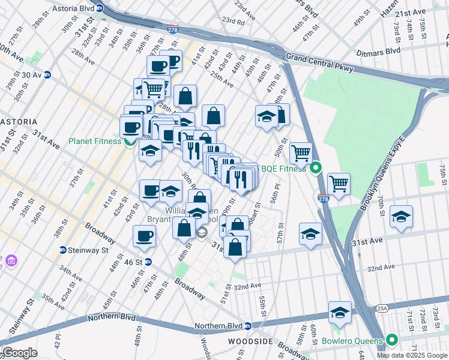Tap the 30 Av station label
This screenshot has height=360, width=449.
pyautogui.click(x=30, y=74)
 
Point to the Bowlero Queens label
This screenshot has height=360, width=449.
pyautogui.click(x=356, y=341)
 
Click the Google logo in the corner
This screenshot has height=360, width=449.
pyautogui.click(x=19, y=353)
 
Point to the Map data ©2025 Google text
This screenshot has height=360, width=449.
pyautogui.click(x=411, y=355)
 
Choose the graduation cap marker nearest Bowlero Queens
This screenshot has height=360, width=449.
pyautogui.click(x=340, y=313)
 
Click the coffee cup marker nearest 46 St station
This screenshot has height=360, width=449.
pyautogui.click(x=143, y=236)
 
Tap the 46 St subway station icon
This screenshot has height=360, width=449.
pyautogui.click(x=148, y=262)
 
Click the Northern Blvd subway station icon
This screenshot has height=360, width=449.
pyautogui.click(x=247, y=326)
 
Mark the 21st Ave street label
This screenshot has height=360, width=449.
pyautogui.click(x=410, y=12)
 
